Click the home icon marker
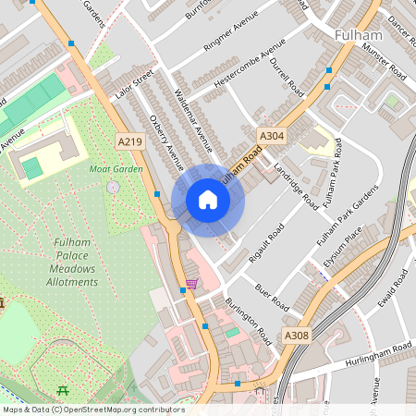[x=208, y=200]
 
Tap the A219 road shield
[x=130, y=140]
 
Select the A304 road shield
[x=270, y=136]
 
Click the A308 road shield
[x=296, y=336]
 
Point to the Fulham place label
[x=358, y=35]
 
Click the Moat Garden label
[x=116, y=169]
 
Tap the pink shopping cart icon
[x=191, y=283]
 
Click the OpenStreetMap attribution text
[x=92, y=410]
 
